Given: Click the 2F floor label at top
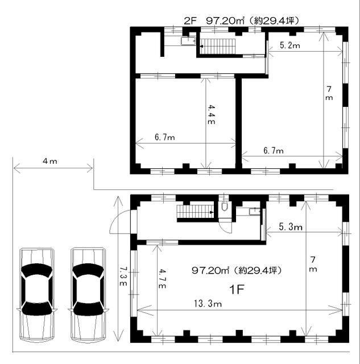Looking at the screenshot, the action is (191, 21).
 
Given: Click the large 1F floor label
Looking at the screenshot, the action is (237, 289).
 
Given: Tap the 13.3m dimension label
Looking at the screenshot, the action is (208, 303).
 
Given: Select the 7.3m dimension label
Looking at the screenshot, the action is (123, 276).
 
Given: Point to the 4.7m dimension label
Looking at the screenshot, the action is (162, 279).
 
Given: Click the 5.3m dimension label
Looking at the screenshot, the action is (291, 226).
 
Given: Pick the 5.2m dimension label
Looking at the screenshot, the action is (289, 45).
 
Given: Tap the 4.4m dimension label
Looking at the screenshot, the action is (211, 114).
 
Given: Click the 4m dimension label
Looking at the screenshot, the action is (49, 161).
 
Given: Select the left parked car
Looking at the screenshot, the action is (37, 295).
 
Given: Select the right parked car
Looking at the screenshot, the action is (88, 295).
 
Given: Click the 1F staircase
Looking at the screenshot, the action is (195, 212).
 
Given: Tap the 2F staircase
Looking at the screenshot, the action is (218, 47).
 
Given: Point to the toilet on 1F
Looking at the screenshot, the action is (224, 206).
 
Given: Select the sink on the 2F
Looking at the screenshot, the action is (188, 41).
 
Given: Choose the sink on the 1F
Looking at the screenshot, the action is (255, 212).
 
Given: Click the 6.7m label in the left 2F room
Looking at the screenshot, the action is (165, 137).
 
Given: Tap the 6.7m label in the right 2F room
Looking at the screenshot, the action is (274, 151).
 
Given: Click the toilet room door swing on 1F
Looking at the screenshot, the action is (225, 227).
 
